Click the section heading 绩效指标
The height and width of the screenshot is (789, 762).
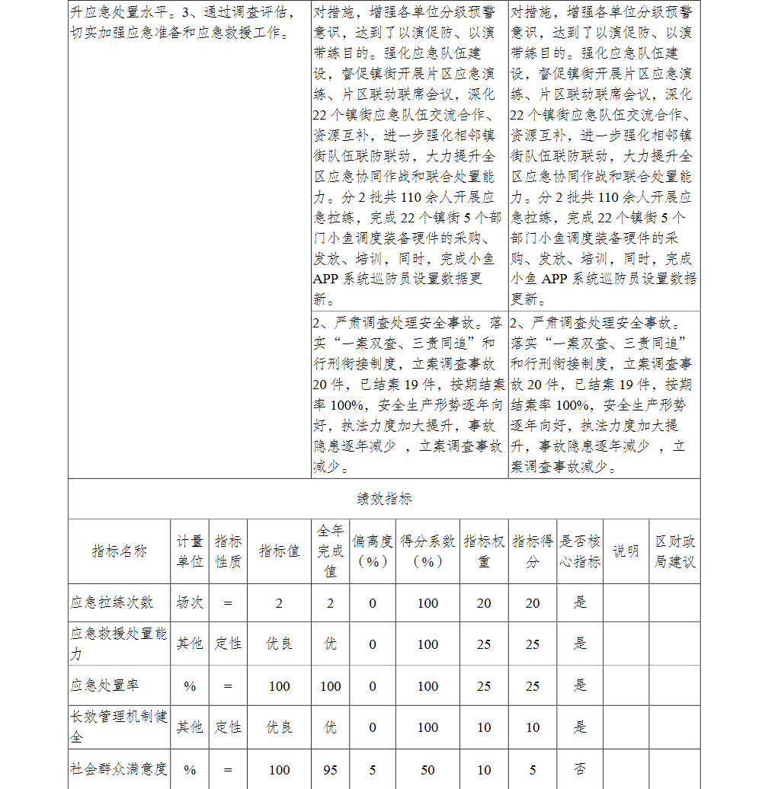[384, 500]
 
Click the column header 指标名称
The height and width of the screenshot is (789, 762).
[119, 551]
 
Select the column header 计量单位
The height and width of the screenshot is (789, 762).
[190, 551]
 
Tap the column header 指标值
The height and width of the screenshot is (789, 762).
[279, 551]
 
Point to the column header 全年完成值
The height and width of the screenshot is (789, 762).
[330, 551]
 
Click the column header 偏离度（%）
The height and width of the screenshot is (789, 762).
[372, 551]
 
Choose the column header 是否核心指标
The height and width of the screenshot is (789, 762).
[580, 551]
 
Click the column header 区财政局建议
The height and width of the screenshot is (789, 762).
[674, 551]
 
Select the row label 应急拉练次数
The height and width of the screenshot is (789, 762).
[111, 602]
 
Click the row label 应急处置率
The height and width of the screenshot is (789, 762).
[104, 685]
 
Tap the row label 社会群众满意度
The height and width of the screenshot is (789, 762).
[118, 769]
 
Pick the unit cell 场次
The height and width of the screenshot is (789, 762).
[190, 602]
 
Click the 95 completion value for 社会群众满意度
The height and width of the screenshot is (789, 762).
[330, 770]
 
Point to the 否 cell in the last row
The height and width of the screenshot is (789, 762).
[580, 769]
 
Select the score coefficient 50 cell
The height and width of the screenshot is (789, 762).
[427, 770]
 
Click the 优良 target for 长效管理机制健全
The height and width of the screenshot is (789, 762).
[279, 727]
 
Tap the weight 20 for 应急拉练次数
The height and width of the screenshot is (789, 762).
[484, 603]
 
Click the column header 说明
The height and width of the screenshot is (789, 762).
[626, 551]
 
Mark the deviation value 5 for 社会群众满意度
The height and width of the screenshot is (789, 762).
[372, 770]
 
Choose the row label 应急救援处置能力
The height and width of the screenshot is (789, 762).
[118, 644]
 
